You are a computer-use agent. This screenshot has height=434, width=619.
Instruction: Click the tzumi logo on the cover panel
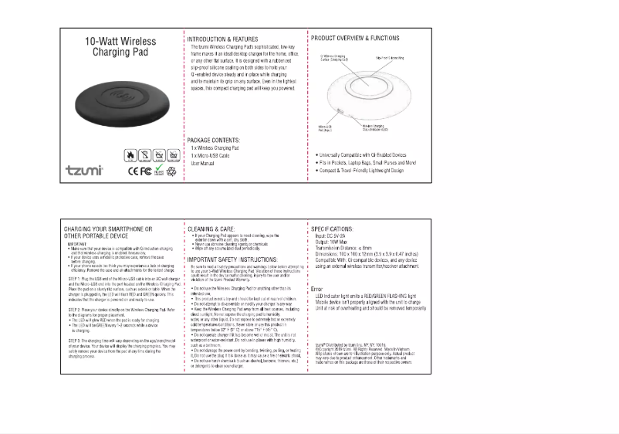coord(84,170)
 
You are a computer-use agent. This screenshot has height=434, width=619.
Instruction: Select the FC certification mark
coord(142,171)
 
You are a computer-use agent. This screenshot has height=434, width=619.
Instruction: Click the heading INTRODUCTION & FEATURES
coord(222,39)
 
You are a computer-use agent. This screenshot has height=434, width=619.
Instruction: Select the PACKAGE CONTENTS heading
coord(218,140)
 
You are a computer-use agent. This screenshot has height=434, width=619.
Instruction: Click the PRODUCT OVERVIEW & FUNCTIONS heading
coord(355,38)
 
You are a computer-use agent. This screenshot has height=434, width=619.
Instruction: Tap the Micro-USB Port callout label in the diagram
coord(325,128)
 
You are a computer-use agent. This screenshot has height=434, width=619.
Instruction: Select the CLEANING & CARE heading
coord(211,229)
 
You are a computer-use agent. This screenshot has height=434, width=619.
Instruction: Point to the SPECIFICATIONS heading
coord(333,229)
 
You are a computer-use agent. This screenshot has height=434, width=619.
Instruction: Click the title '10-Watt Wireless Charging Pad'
coord(120,47)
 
